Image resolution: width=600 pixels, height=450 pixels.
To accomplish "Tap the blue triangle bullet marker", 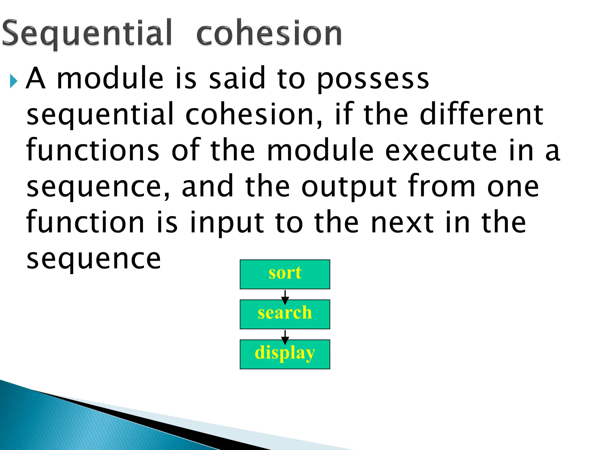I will click(x=13, y=81).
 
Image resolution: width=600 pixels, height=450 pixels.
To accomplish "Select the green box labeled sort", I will click(x=285, y=274).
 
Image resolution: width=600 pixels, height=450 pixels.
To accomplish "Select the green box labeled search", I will click(x=285, y=314).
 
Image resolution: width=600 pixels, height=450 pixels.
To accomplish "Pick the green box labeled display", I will click(x=285, y=354).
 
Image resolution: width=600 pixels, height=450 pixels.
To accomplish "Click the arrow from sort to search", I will click(x=285, y=296).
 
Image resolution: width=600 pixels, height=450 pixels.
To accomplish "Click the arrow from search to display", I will click(x=285, y=336).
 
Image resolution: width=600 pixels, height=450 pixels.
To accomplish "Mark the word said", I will click(x=237, y=78).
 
